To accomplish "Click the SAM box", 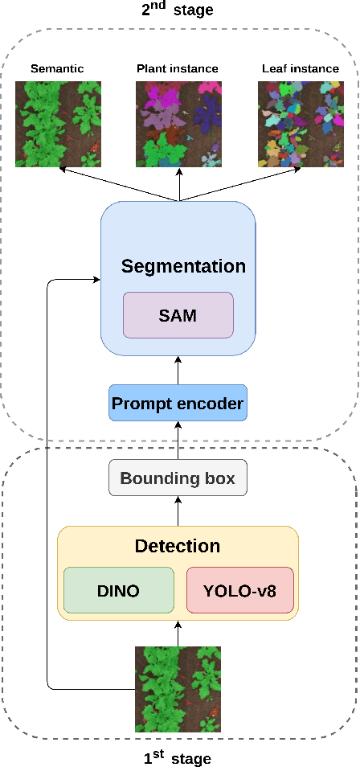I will click(x=178, y=315).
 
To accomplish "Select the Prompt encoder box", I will click(x=178, y=404).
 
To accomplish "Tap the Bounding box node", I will click(x=178, y=478).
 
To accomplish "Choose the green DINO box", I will click(x=119, y=591).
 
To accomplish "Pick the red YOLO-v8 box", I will click(x=240, y=591).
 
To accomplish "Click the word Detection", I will click(x=178, y=547).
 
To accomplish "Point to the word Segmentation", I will click(x=183, y=266).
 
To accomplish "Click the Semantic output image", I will click(x=59, y=124).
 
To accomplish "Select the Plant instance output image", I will click(x=178, y=124).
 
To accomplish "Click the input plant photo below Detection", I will click(x=178, y=689).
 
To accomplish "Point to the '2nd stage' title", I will click(x=178, y=10).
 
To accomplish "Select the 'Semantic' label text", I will click(x=57, y=69).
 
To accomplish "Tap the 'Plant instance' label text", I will click(x=178, y=69).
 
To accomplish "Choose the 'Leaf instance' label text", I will click(x=301, y=69).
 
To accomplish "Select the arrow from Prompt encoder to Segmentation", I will click(x=178, y=370).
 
